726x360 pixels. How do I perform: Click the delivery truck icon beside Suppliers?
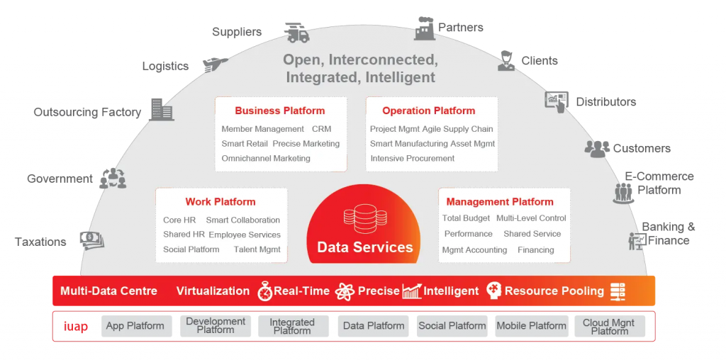[296, 33]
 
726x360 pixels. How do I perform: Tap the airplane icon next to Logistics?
[215, 64]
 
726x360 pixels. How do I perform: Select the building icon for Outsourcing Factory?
[162, 109]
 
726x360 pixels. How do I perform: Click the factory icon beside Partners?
[425, 28]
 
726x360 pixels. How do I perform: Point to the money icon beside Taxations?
[92, 240]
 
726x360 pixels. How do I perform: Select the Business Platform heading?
[280, 111]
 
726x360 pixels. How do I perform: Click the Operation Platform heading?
[428, 111]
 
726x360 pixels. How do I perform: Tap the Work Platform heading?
[220, 202]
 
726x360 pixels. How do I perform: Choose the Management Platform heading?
[500, 202]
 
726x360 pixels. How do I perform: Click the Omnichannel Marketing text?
[266, 158]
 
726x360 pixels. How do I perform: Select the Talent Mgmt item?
[257, 249]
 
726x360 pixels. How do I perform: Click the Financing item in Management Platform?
[536, 249]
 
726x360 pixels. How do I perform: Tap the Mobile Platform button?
[531, 326]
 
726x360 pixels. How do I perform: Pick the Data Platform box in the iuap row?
[374, 326]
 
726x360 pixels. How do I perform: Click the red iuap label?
[75, 327]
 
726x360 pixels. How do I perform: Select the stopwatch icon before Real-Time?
[264, 291]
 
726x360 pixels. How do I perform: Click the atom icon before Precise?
[345, 291]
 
